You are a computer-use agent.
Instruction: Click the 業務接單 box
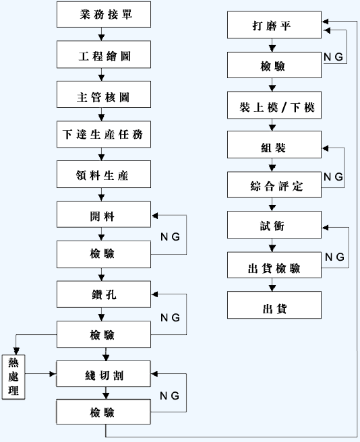coord(104,14)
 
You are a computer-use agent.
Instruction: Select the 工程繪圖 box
coord(104,55)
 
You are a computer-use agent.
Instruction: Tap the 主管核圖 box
coord(104,94)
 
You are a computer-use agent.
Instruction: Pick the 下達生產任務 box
coord(104,135)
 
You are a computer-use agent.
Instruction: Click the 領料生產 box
coord(104,175)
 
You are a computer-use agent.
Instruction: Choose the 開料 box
coord(104,214)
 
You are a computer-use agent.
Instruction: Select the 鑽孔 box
coord(104,294)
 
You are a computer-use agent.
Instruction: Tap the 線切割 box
coord(103,374)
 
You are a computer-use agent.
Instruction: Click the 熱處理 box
coord(13,377)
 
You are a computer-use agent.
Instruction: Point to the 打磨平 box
coord(274,25)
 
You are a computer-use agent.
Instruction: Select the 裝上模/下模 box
coord(274,105)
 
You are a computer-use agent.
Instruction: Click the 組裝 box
coord(274,145)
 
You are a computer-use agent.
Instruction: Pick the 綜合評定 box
coord(274,185)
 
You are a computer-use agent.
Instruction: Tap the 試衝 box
coord(274,225)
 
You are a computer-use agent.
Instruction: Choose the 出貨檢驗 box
coord(274,265)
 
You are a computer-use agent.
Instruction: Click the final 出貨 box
coord(274,305)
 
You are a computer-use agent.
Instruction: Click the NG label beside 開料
coord(170,236)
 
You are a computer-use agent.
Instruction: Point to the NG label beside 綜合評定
coord(333,177)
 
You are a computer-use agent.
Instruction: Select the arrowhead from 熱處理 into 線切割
coord(53,374)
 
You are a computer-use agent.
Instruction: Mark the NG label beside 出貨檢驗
coord(334,257)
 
